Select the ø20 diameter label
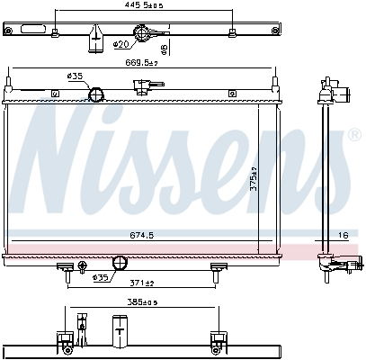click(x=123, y=44)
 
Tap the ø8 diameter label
click(x=164, y=47)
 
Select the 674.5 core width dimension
click(x=142, y=235)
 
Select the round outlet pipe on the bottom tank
click(x=119, y=263)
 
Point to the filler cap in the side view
click(x=339, y=91)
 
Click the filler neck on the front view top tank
click(x=139, y=87)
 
